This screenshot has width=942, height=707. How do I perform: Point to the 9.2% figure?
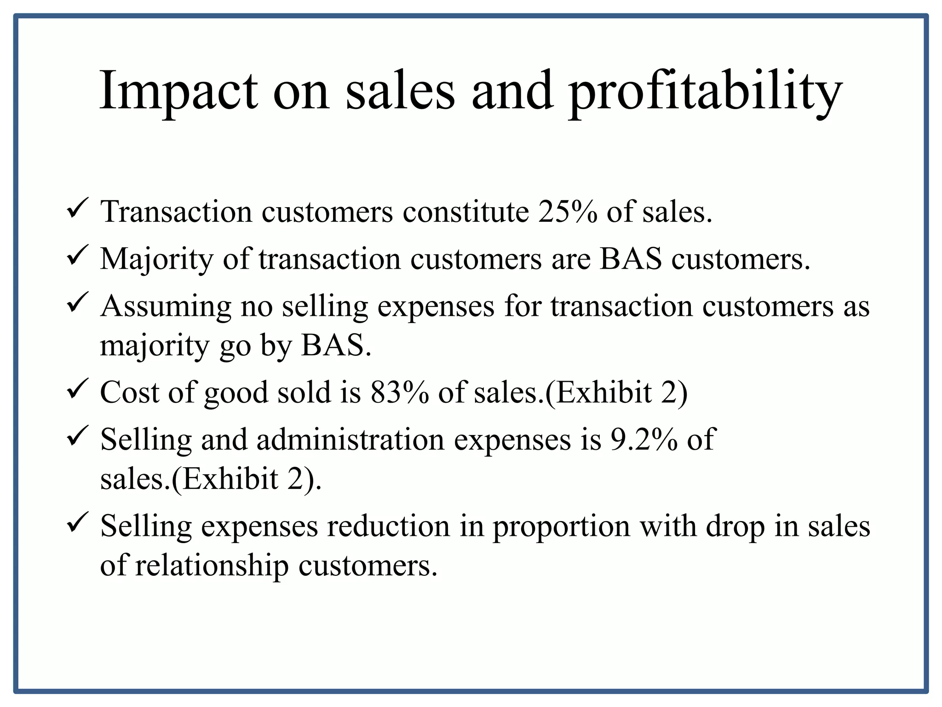[643, 439]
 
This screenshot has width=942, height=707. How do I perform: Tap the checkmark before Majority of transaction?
[75, 258]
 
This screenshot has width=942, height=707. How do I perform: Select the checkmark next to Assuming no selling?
[75, 305]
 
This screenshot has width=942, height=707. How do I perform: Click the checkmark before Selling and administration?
[75, 438]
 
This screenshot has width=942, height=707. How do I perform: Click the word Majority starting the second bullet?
[156, 259]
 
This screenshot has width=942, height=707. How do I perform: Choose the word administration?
[350, 439]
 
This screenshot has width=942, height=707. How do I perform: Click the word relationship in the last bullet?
[212, 566]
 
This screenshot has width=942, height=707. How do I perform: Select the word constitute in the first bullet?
[465, 212]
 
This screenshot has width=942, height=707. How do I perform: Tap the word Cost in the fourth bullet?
[130, 393]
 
